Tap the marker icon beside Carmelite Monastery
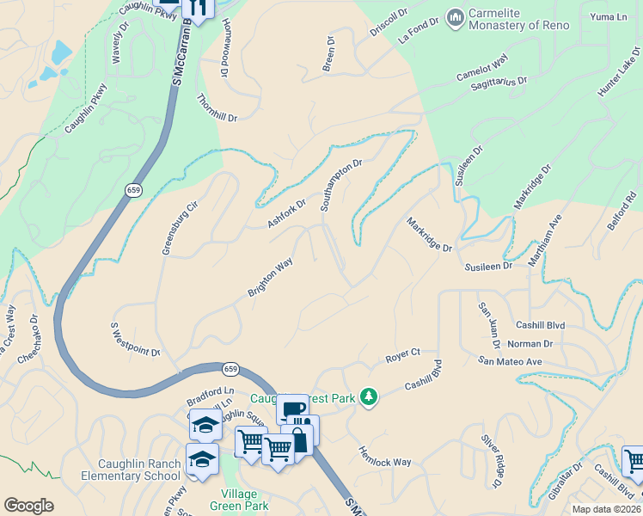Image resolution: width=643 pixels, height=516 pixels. pos(455,16)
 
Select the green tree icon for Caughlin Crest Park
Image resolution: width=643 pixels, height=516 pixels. pos(369,396)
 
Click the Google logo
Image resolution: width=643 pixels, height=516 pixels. pos(28,506)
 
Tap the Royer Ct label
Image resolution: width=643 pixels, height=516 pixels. pos(402,353)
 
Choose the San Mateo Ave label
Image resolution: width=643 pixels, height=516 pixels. pos(511,362)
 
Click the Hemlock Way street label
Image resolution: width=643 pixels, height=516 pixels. pos(384,456)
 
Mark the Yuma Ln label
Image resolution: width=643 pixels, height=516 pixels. pos(608,16)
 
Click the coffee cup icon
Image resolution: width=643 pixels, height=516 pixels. pos(292,408)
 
